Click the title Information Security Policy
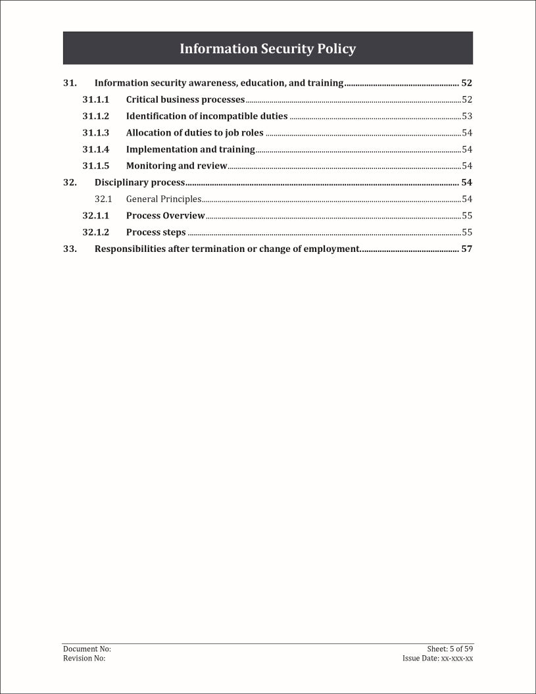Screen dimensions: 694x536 (268, 49)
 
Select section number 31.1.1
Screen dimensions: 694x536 (95, 100)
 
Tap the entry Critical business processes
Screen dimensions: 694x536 (185, 100)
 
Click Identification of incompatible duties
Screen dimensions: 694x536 (207, 116)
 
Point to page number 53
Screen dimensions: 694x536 (467, 116)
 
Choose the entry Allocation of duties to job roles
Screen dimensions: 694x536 (195, 133)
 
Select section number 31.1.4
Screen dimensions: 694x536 (95, 149)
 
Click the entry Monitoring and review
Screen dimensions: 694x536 (176, 166)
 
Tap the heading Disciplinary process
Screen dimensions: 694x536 (139, 182)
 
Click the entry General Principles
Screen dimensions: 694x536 (164, 199)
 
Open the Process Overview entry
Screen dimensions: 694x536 (166, 215)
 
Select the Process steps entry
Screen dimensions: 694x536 (156, 232)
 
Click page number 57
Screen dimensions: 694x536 (467, 249)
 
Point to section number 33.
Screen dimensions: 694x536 (70, 249)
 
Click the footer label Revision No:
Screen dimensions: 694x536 (84, 658)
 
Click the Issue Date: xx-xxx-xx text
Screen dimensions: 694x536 (437, 658)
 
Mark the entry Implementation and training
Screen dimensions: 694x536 (191, 149)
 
